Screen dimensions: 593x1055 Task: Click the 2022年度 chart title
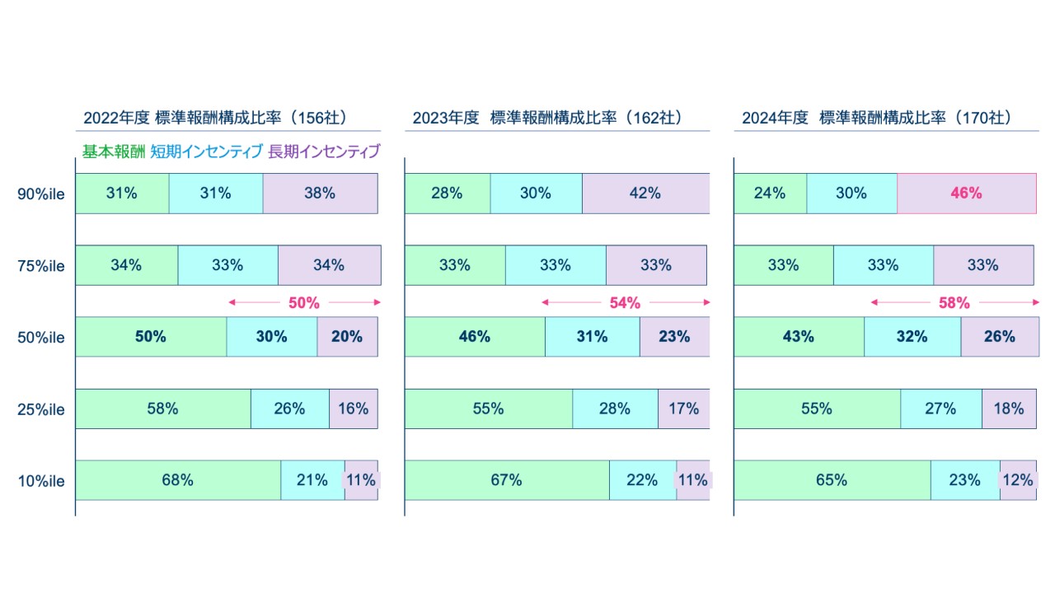pyautogui.click(x=214, y=118)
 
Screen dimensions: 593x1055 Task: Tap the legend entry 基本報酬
pyautogui.click(x=113, y=152)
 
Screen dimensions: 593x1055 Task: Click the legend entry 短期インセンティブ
pyautogui.click(x=206, y=152)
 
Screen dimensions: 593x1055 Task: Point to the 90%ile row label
pyautogui.click(x=41, y=194)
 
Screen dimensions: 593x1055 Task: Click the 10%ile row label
pyautogui.click(x=41, y=480)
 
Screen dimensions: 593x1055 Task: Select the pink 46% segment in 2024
pyautogui.click(x=966, y=194)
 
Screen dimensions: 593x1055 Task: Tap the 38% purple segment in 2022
pyautogui.click(x=320, y=194)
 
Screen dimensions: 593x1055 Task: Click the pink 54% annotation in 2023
pyautogui.click(x=625, y=303)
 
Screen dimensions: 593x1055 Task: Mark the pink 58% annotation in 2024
pyautogui.click(x=954, y=303)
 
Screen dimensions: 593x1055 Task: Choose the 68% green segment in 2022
pyautogui.click(x=178, y=480)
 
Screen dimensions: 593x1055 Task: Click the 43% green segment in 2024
pyautogui.click(x=798, y=337)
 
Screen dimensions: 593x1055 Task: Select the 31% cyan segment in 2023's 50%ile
pyautogui.click(x=592, y=337)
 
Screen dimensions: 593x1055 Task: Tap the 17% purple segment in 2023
pyautogui.click(x=683, y=409)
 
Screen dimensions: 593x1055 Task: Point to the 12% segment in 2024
pyautogui.click(x=1018, y=480)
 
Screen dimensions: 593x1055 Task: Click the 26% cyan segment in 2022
pyautogui.click(x=289, y=409)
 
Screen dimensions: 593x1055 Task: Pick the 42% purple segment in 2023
pyautogui.click(x=645, y=194)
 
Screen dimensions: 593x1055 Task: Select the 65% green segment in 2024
pyautogui.click(x=832, y=480)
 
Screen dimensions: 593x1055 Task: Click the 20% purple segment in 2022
pyautogui.click(x=347, y=337)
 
